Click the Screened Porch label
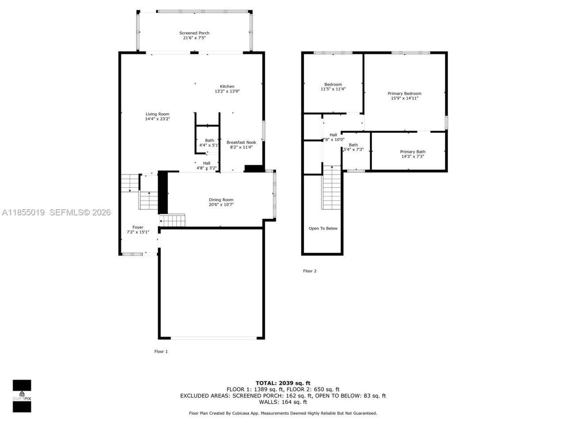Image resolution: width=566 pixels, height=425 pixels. (194, 33)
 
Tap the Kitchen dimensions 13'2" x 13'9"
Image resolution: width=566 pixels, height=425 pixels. (227, 92)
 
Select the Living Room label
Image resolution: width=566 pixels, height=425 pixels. (157, 114)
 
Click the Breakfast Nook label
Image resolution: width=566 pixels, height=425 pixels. (241, 143)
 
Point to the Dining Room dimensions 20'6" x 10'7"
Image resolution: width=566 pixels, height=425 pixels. (221, 205)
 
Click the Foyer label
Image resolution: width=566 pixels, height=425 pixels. (138, 227)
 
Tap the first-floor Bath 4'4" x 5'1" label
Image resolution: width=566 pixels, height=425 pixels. (209, 141)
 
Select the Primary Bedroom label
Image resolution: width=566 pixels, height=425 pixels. (404, 93)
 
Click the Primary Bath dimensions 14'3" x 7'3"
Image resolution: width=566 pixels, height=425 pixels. (413, 156)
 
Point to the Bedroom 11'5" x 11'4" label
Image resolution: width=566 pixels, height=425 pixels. (333, 85)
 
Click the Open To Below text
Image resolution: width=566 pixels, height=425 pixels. (323, 228)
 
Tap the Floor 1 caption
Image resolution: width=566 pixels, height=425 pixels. (161, 352)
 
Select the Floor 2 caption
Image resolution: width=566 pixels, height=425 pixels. (310, 271)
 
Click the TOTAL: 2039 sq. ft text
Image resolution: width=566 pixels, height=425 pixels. (283, 383)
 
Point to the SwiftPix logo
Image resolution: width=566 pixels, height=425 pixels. (22, 396)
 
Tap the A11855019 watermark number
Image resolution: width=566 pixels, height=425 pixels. (23, 212)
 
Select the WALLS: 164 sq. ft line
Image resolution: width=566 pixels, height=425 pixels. (283, 402)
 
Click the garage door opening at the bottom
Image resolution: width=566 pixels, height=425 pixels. (213, 338)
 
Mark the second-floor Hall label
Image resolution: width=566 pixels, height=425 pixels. (333, 135)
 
